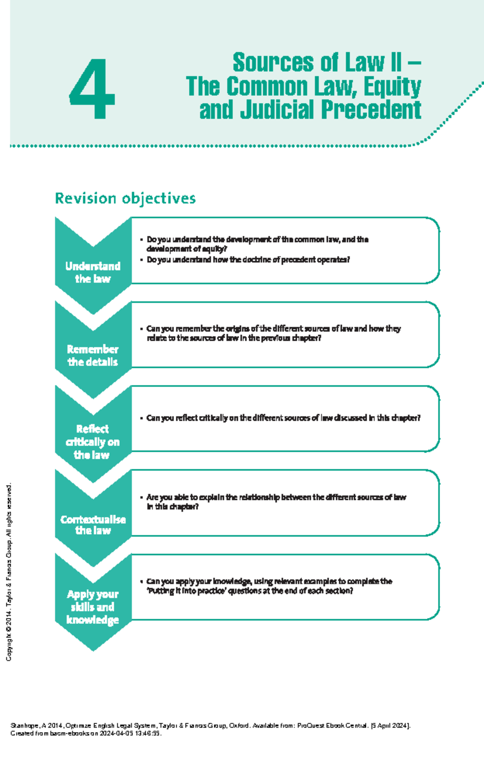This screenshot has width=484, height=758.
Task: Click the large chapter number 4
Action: [92, 88]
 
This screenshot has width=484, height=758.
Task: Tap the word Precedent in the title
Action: [371, 110]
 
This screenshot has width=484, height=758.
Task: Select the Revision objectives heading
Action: [125, 198]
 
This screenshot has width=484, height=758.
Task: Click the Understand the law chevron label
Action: [93, 272]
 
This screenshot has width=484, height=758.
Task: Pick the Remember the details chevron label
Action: [93, 355]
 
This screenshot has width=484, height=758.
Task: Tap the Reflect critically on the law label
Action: [93, 441]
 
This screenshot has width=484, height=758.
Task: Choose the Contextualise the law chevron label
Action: [93, 525]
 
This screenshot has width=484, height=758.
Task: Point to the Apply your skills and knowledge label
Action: [93, 607]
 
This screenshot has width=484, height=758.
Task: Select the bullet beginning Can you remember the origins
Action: [270, 333]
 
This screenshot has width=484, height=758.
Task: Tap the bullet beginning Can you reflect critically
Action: [280, 418]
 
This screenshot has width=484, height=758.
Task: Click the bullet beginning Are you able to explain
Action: [273, 502]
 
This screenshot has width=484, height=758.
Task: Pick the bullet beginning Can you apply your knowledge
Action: [266, 586]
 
